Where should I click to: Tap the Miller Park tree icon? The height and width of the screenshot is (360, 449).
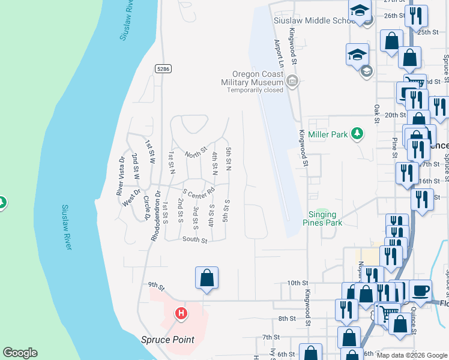(x=357, y=133)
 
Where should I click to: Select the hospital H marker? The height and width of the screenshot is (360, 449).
(x=181, y=313)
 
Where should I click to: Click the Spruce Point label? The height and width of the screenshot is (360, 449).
(x=167, y=340)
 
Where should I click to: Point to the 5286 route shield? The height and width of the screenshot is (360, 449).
(x=163, y=69)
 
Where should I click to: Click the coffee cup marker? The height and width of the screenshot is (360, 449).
(x=420, y=289)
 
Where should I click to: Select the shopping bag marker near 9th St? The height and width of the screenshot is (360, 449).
(x=206, y=278)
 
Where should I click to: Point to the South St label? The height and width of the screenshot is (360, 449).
(x=195, y=240)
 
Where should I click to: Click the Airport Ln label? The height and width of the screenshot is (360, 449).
(x=278, y=53)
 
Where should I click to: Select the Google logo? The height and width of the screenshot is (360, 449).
(x=20, y=353)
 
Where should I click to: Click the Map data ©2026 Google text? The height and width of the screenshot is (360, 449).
(x=412, y=355)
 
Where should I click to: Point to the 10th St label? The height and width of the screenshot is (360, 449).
(x=297, y=282)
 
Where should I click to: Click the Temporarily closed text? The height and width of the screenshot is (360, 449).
(x=255, y=91)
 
